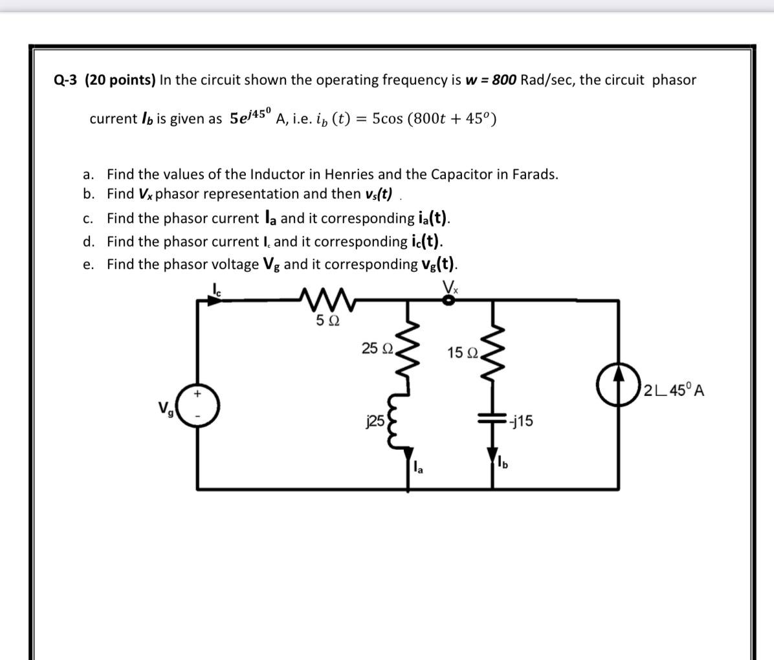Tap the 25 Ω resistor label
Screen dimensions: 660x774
(378, 348)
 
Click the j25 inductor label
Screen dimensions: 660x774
(375, 421)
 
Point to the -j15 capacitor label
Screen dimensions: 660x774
(520, 421)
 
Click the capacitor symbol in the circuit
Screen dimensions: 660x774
(493, 419)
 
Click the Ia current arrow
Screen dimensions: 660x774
(408, 465)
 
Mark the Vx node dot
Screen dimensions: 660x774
(447, 300)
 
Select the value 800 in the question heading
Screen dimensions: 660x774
(504, 80)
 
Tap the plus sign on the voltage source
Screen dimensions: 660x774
(199, 393)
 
